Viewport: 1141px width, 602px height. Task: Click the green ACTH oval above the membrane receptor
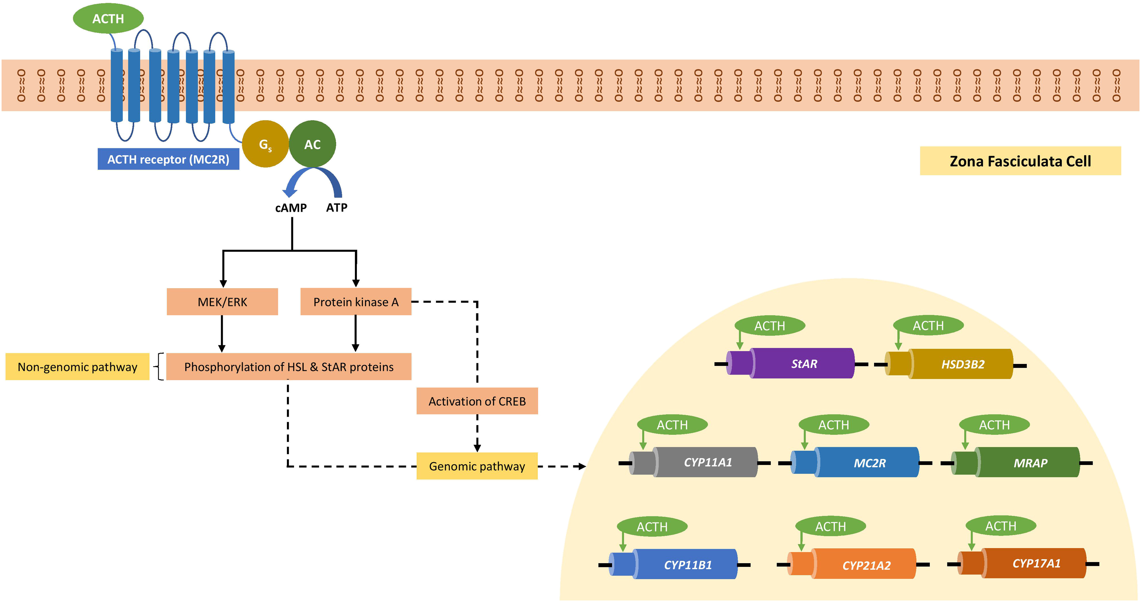[x=108, y=19]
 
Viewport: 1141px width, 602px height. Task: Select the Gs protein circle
[x=265, y=144]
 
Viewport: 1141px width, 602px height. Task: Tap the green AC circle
[x=312, y=144]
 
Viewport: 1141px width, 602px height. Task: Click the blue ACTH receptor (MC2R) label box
[x=168, y=159]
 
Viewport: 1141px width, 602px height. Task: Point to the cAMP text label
[x=291, y=208]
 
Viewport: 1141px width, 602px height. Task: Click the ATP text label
[x=337, y=207]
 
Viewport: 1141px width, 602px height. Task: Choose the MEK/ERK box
[x=222, y=302]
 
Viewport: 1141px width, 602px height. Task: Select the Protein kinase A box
[x=356, y=302]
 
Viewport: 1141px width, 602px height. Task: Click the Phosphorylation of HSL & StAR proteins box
[x=289, y=367]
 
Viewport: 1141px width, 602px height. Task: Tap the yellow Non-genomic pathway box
[x=77, y=367]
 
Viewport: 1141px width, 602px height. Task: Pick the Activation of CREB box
[x=477, y=401]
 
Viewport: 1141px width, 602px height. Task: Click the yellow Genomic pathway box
[x=477, y=466]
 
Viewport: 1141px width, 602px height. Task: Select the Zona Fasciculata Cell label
[x=1020, y=161]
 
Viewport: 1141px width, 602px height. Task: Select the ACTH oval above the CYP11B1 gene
[x=652, y=527]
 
